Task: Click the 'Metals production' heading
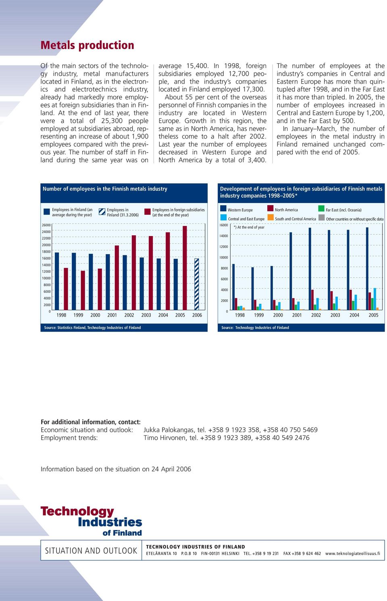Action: pyautogui.click(x=87, y=46)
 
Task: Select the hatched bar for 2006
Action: pyautogui.click(x=197, y=284)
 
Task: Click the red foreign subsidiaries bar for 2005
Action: pyautogui.click(x=185, y=268)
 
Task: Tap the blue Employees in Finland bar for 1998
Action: pyautogui.click(x=57, y=281)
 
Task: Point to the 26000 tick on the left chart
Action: pyautogui.click(x=46, y=225)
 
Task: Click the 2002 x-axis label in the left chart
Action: pyautogui.click(x=129, y=315)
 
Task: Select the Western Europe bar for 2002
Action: pyautogui.click(x=310, y=269)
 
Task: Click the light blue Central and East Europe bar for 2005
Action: pyautogui.click(x=375, y=299)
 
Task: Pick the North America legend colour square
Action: pyautogui.click(x=270, y=209)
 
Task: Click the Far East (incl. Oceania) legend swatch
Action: pyautogui.click(x=321, y=209)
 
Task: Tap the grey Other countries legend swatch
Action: pyautogui.click(x=321, y=218)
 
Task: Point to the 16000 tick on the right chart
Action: pyautogui.click(x=224, y=225)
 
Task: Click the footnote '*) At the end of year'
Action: pyautogui.click(x=249, y=227)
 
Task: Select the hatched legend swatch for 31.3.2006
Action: pyautogui.click(x=102, y=212)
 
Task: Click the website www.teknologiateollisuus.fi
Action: pyautogui.click(x=353, y=553)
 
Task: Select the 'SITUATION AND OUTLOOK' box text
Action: pyautogui.click(x=91, y=551)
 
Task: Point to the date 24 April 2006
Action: pyautogui.click(x=171, y=469)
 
